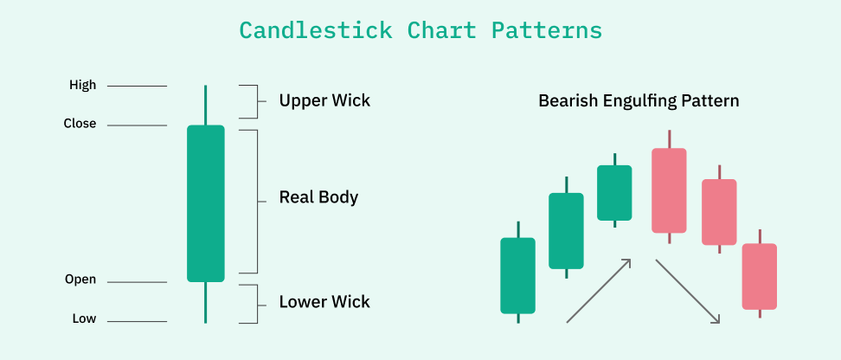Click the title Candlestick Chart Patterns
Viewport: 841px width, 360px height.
coord(420,30)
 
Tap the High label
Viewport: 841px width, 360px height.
coord(83,86)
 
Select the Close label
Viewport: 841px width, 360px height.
coord(80,124)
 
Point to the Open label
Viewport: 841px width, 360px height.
coord(80,280)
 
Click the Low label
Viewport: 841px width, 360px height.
coord(84,319)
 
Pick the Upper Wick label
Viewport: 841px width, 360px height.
coord(324,100)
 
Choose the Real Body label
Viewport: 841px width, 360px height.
coord(318,197)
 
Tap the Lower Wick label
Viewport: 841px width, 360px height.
coord(324,302)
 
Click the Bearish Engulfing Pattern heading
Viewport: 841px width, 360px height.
coord(639,101)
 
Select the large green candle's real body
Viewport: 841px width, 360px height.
coord(206,203)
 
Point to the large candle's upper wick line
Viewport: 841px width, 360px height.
coord(206,105)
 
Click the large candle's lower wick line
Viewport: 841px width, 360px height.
coord(206,302)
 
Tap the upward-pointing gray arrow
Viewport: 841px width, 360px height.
coord(598,291)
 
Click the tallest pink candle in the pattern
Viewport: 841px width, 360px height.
coord(669,190)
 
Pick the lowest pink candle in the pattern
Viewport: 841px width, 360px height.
coord(760,276)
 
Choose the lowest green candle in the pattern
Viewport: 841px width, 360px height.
coord(518,275)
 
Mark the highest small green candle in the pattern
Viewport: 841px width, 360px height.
coord(614,192)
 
